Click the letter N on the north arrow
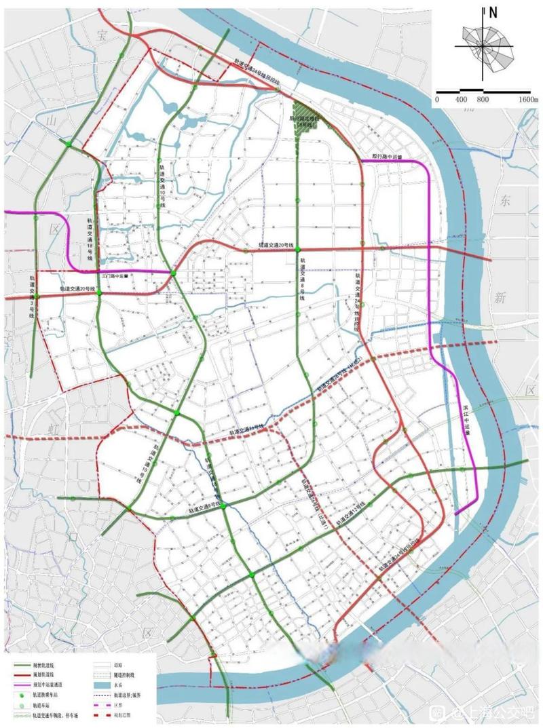(493, 12)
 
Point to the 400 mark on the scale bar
(462, 100)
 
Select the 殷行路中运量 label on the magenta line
(388, 156)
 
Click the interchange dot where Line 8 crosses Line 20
(298, 250)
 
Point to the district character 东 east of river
(503, 201)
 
